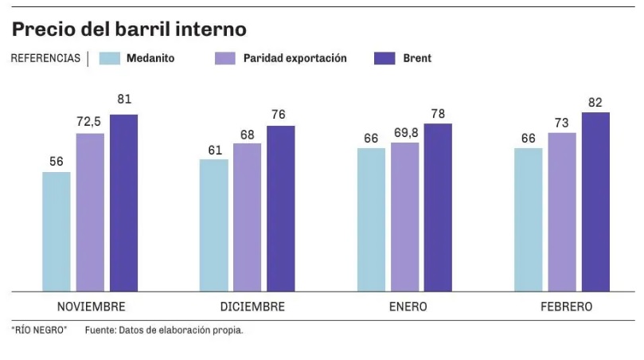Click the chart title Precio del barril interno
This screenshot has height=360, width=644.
[129, 29]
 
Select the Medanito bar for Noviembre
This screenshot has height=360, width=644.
[57, 231]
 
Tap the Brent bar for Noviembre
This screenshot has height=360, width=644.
[123, 202]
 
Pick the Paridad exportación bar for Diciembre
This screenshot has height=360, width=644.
[247, 217]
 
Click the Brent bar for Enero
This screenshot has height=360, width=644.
[437, 207]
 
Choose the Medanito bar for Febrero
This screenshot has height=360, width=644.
[529, 219]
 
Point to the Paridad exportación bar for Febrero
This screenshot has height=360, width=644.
[562, 211]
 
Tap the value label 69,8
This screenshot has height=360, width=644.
[405, 131]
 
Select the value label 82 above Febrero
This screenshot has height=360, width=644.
[595, 101]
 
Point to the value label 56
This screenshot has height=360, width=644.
[57, 161]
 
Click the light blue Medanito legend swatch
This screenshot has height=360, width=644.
[110, 58]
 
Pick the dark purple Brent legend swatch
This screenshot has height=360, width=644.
[385, 58]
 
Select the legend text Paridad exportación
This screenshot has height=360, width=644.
[295, 58]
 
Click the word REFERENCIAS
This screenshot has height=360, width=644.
[45, 58]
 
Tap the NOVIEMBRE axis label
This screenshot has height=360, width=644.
[91, 307]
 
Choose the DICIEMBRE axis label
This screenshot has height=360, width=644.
[252, 307]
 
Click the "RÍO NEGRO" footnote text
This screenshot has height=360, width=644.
[39, 330]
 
